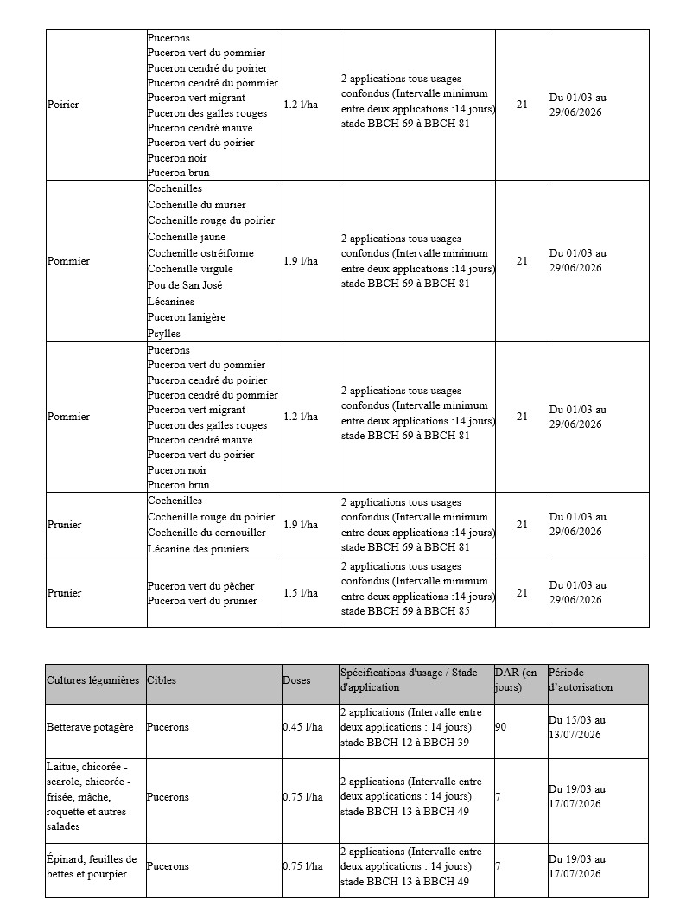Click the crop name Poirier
point(63,105)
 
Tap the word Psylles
point(163,333)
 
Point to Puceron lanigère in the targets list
point(187,317)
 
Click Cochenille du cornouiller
point(206,533)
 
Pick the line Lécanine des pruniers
point(198,549)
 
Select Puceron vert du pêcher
point(200,586)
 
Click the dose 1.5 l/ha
point(301,593)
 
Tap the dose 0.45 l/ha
point(302,727)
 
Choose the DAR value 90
point(500,727)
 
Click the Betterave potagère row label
point(90,727)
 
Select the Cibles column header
point(162,680)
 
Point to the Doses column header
point(296,680)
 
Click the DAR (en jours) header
point(516,680)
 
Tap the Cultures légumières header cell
point(92,680)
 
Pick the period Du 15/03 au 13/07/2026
point(577,727)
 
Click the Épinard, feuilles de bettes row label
point(92,866)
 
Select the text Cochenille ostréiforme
point(200,253)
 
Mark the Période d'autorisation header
point(581,680)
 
